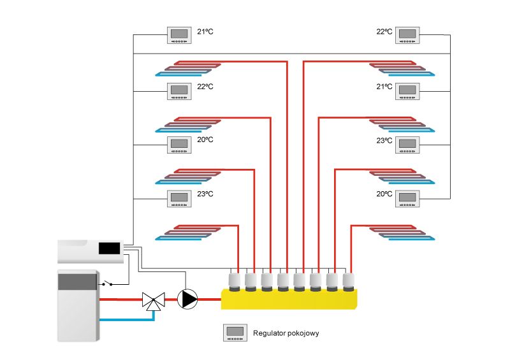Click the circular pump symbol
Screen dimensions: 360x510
[188, 299]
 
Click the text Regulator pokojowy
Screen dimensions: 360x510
[282, 333]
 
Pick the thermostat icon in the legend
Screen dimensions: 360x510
[235, 333]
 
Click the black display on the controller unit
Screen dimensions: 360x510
[110, 247]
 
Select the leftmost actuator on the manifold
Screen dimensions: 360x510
[235, 280]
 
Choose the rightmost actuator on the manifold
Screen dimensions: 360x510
[348, 280]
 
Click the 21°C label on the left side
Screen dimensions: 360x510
[205, 31]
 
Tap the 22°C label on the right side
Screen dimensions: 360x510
[384, 31]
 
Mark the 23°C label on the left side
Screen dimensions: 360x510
[205, 194]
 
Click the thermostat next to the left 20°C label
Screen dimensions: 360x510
[179, 145]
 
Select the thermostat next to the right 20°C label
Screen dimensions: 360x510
[407, 199]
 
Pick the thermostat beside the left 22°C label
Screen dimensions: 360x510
[179, 91]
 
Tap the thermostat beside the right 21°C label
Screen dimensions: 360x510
[407, 91]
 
